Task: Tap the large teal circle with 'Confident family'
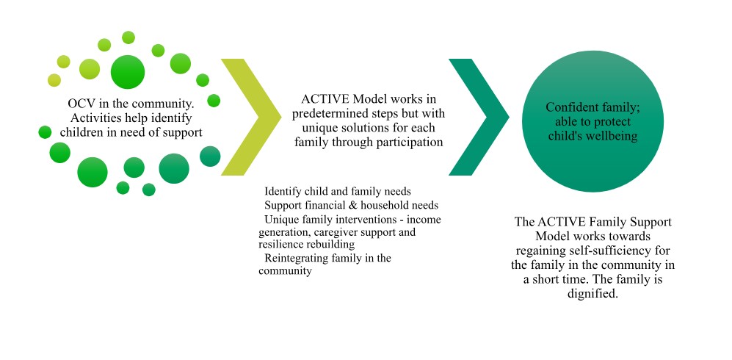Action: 593,121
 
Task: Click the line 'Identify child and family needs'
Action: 338,192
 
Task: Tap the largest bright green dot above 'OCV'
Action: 128,72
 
